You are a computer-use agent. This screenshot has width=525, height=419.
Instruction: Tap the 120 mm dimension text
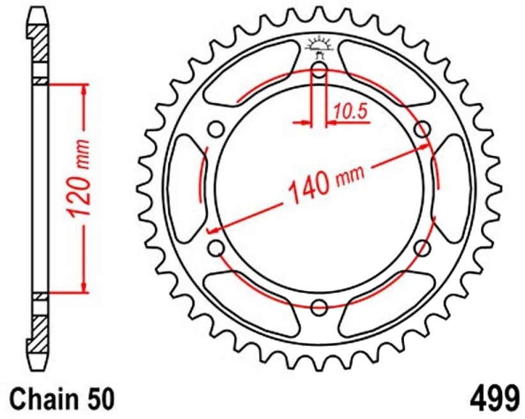tap(77, 178)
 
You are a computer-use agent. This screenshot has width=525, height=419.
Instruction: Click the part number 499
tap(495, 399)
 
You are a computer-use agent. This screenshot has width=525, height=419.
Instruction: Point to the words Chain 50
tap(62, 399)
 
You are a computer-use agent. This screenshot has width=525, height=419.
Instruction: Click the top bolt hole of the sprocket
tap(319, 70)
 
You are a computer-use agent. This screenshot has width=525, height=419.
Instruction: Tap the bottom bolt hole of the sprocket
tap(319, 307)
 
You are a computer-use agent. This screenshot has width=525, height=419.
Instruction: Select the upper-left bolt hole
tap(216, 129)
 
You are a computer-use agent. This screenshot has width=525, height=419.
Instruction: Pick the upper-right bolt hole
tap(422, 129)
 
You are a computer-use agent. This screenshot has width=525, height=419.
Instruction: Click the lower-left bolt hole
tap(216, 248)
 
